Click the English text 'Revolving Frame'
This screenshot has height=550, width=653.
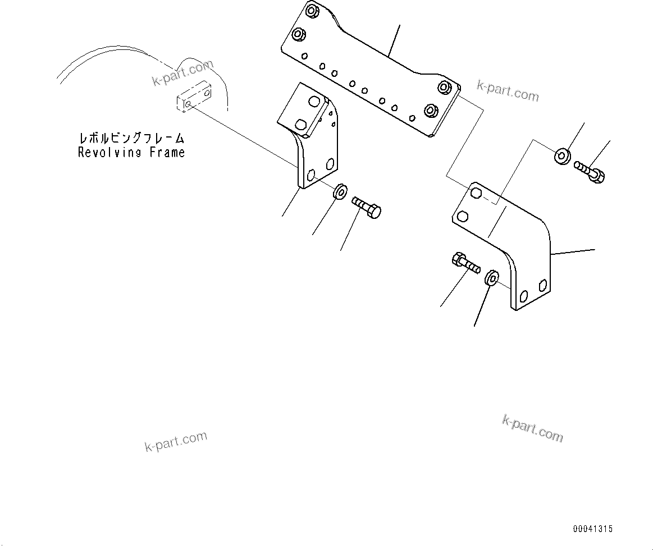coord(131,152)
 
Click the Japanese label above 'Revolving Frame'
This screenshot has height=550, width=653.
coord(131,138)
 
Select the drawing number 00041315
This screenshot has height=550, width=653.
coord(593,529)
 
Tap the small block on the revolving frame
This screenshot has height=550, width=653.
coord(194,97)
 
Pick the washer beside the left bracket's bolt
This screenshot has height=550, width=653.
coord(340,191)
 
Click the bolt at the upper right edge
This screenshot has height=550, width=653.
coord(590,171)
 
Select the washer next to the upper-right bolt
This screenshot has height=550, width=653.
coord(562,156)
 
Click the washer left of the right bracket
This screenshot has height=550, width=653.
coord(491,277)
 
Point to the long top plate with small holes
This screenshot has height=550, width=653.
coord(371,73)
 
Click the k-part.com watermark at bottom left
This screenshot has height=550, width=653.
coord(176,441)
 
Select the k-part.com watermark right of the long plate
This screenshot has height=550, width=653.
coord(508,91)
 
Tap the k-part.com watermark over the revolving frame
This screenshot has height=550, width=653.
coord(182,74)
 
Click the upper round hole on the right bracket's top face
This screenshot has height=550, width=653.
coord(476,194)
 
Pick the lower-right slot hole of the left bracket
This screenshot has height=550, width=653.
coord(330,164)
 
